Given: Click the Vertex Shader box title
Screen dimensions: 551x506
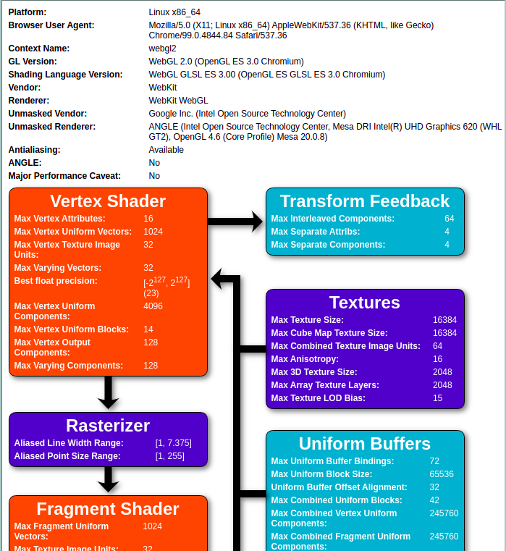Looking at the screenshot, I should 108,201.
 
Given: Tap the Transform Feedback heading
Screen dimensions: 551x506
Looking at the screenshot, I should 365,201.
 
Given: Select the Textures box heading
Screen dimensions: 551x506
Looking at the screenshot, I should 365,302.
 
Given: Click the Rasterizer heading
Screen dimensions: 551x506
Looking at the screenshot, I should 108,425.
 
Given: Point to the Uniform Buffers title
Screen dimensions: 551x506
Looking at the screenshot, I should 365,443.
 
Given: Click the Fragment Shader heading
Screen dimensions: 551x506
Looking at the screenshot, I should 108,509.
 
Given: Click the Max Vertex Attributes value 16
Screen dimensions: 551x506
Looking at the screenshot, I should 148,219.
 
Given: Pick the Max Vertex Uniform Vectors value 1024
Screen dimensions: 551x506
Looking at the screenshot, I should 153,232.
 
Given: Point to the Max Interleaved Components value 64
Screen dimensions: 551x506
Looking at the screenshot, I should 450,219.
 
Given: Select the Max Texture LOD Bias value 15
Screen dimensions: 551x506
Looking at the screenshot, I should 438,398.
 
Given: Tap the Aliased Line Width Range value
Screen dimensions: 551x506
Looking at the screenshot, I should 174,443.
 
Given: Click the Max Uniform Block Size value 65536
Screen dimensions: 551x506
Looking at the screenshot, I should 442,474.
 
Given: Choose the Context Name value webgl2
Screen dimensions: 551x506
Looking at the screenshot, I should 163,49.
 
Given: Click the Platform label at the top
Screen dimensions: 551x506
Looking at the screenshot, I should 28,12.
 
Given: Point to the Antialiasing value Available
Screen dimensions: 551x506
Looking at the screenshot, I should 166,150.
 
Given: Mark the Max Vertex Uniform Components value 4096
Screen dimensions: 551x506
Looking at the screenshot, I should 153,306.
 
